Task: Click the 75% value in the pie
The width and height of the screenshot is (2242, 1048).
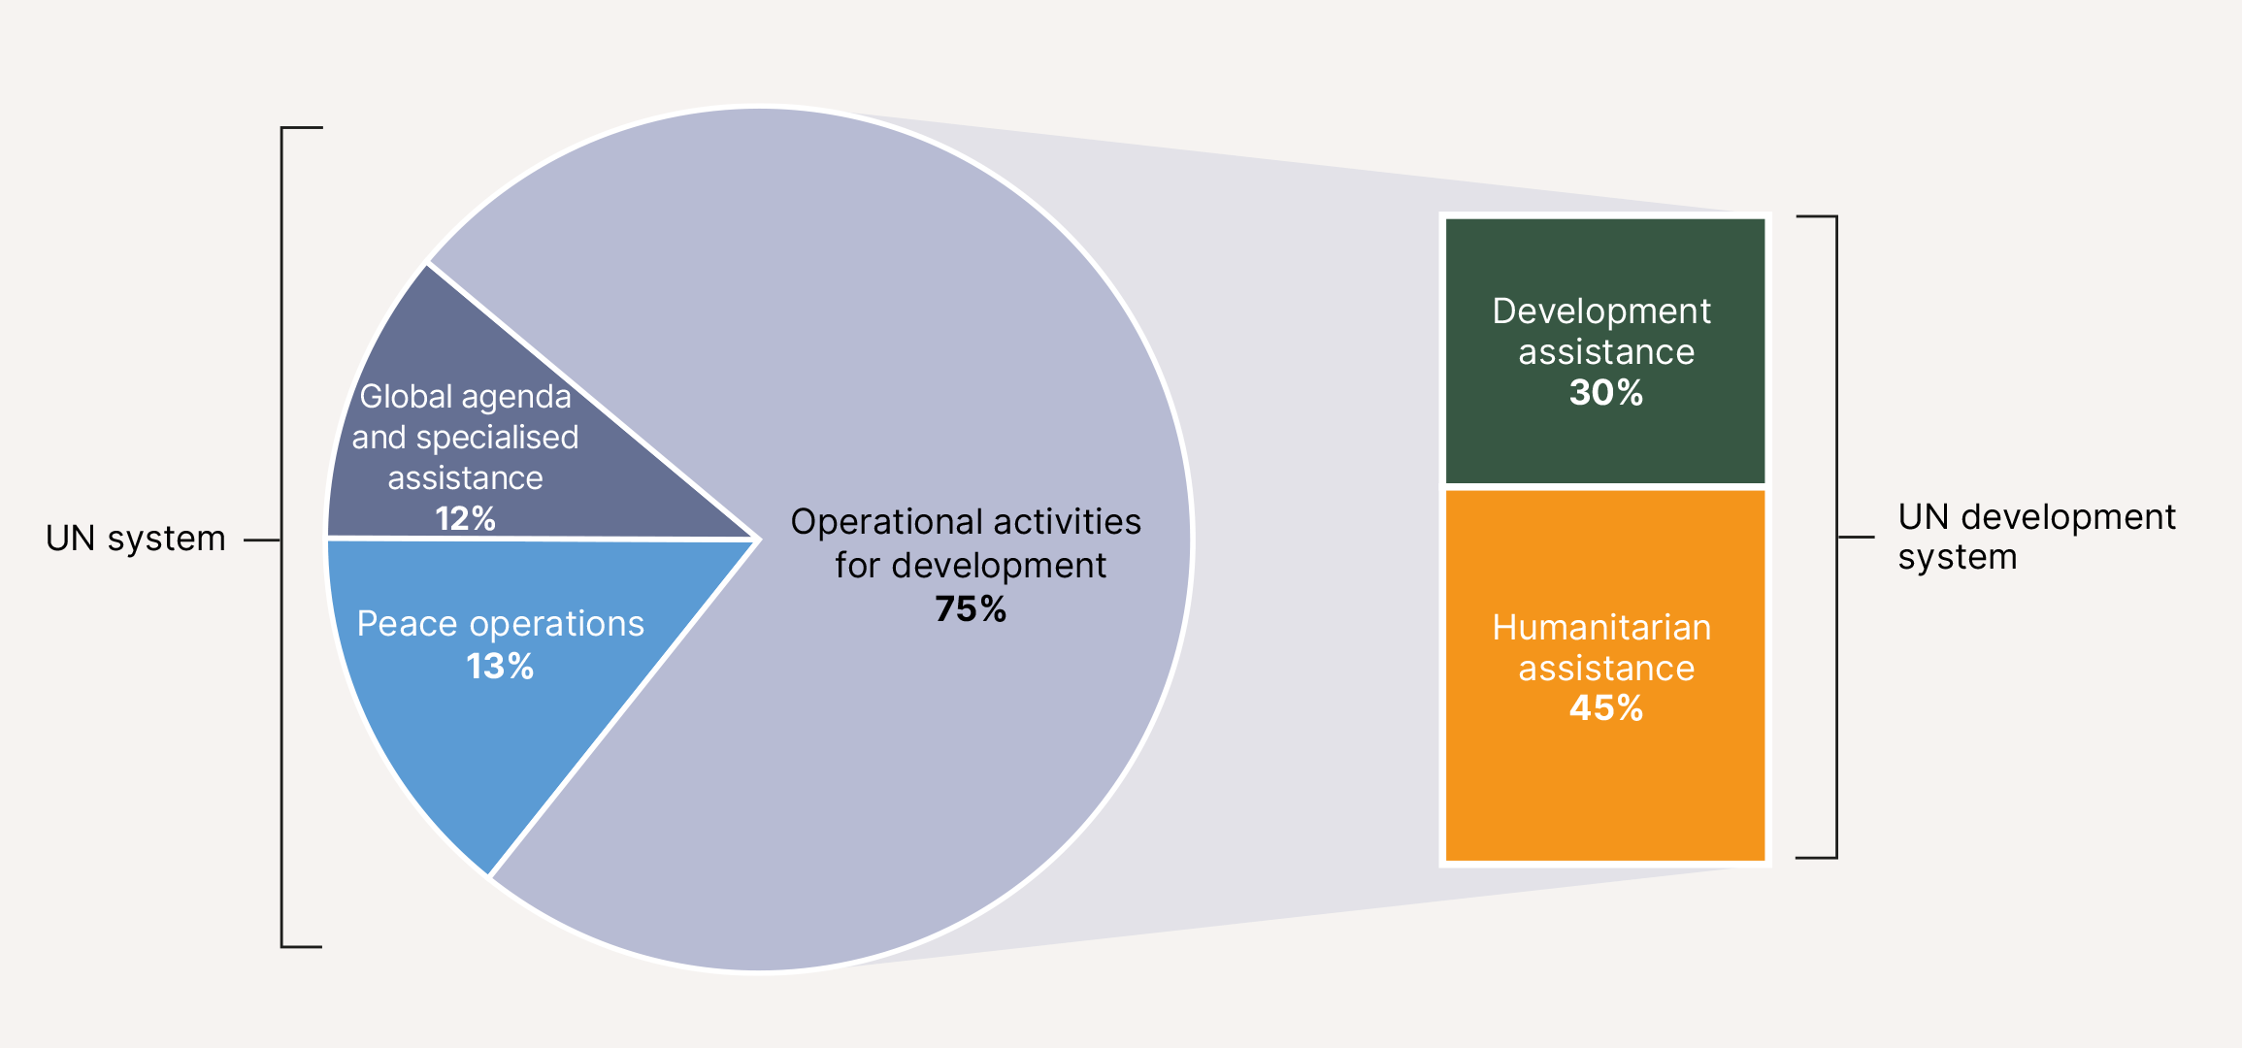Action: (x=971, y=609)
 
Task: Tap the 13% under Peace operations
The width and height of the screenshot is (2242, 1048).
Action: (x=500, y=667)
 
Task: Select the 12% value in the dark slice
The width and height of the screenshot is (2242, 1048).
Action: (x=465, y=519)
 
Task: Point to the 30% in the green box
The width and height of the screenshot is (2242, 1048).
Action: (x=1606, y=393)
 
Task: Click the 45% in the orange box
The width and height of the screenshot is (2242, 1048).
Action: (x=1606, y=708)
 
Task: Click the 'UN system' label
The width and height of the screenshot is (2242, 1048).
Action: (x=136, y=539)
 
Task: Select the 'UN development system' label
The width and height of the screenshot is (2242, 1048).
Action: (x=2036, y=537)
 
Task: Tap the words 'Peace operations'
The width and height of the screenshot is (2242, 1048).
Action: (x=500, y=624)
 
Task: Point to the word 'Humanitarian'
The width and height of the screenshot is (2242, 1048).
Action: (x=1601, y=628)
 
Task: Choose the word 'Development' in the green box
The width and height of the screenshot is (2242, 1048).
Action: (x=1601, y=311)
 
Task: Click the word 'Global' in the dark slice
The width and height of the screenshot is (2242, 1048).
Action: (x=406, y=397)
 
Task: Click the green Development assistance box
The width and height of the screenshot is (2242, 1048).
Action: (x=1605, y=350)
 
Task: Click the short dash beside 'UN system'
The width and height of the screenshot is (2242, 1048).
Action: (x=261, y=540)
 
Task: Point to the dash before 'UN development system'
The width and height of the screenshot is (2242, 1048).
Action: (x=1856, y=537)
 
